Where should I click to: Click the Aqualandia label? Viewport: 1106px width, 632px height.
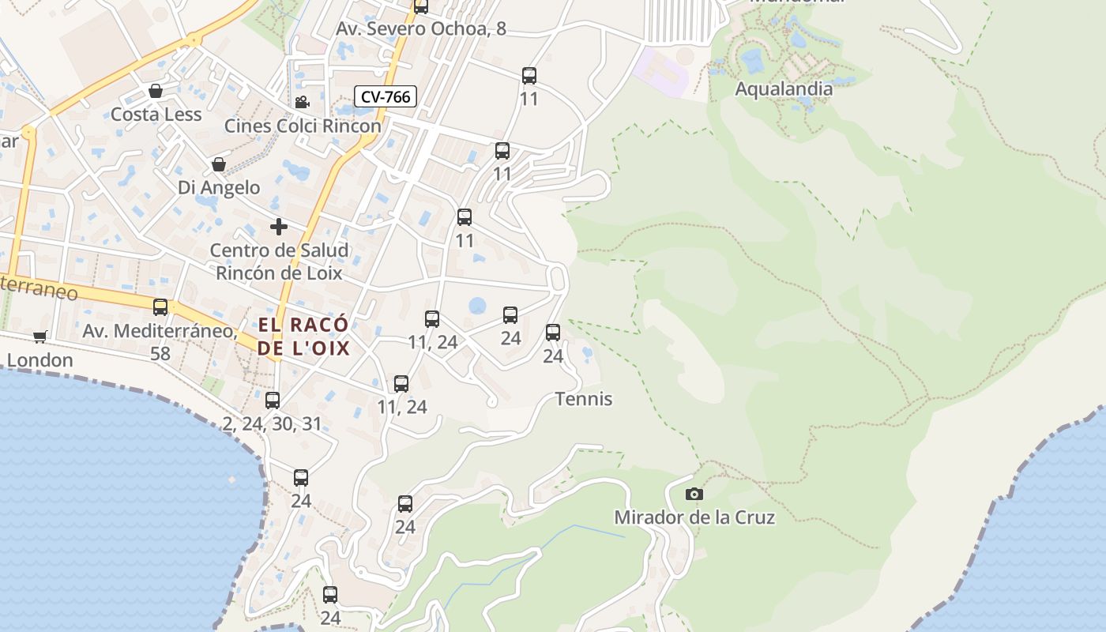[x=784, y=88]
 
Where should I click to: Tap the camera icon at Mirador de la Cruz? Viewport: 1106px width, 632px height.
[x=694, y=494]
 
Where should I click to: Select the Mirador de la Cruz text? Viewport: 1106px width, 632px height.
[x=694, y=517]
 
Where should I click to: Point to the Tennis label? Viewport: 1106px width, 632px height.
[x=584, y=399]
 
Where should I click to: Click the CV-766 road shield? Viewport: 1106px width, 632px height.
[x=385, y=96]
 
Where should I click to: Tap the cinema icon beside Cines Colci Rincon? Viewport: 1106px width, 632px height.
[x=302, y=102]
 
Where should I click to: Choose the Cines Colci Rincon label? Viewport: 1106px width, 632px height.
[x=303, y=126]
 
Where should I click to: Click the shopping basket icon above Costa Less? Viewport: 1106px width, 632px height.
[x=156, y=91]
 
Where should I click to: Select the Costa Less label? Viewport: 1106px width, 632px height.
[x=156, y=115]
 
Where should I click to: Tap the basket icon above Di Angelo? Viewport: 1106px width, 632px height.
[x=219, y=164]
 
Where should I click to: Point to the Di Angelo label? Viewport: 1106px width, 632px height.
[x=219, y=187]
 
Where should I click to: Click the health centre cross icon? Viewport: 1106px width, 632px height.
[x=278, y=227]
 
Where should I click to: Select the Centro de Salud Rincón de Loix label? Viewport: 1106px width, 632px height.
[x=279, y=261]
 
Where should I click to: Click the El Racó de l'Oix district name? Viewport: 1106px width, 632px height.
[x=303, y=337]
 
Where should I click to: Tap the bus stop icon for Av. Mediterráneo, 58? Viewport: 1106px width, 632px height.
[x=160, y=307]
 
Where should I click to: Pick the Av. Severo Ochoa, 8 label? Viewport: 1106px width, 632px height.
[x=421, y=29]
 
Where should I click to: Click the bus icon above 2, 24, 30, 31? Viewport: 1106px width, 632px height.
[x=273, y=401]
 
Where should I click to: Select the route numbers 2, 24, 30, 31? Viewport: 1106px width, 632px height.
[x=273, y=424]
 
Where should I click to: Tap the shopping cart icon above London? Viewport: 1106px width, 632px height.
[x=40, y=337]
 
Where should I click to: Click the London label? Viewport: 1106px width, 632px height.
[x=39, y=360]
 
